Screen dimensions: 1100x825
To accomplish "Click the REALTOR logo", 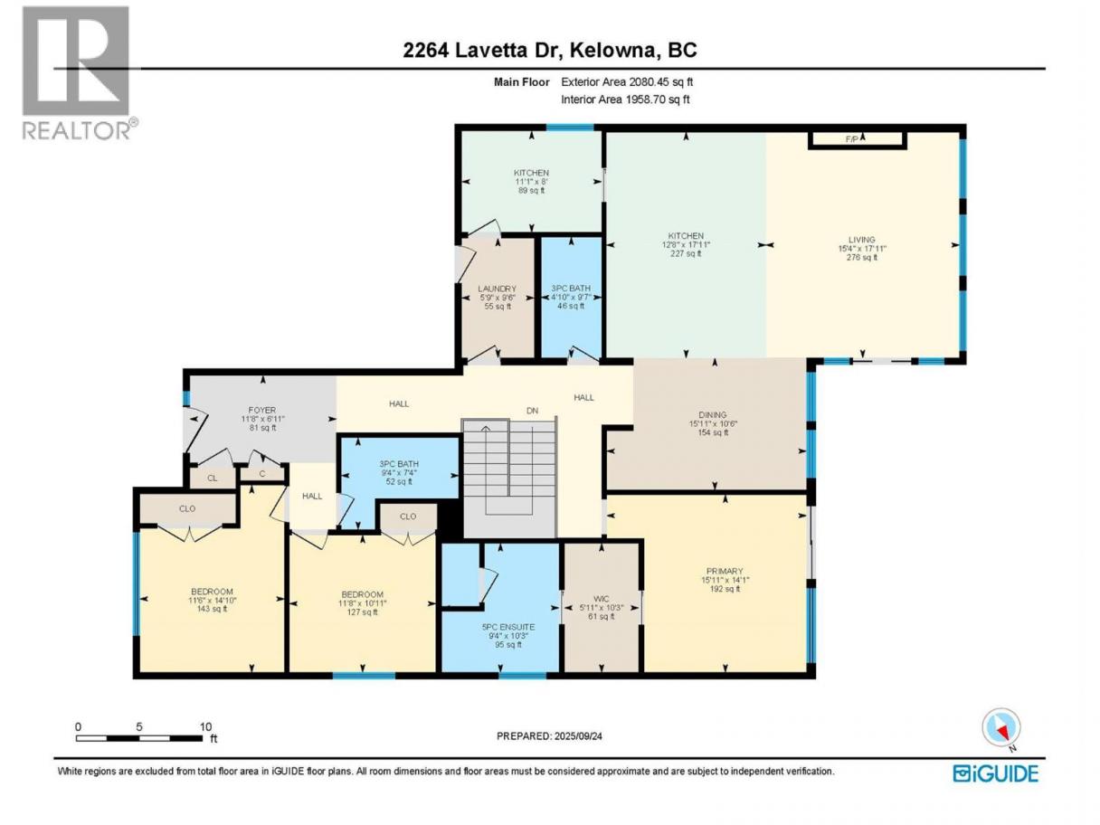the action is [x=81, y=73].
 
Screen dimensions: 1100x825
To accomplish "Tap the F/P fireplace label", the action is [x=851, y=139].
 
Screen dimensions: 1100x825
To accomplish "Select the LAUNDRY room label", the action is [x=497, y=289].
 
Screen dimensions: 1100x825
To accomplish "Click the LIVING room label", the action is [x=861, y=240].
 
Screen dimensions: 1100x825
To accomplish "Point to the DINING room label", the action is [x=713, y=414].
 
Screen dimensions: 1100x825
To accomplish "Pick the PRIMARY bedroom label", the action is [x=725, y=571].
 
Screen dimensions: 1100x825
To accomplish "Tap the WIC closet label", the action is [x=601, y=599].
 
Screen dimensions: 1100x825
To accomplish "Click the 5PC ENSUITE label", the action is [x=508, y=627].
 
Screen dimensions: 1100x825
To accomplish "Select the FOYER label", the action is [x=262, y=411].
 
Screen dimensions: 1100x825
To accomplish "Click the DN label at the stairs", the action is [x=532, y=411].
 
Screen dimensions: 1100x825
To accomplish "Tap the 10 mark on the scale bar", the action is [x=205, y=726].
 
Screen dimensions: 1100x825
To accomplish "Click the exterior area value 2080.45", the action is [x=650, y=82].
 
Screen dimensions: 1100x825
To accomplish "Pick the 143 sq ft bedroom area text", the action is [x=212, y=609].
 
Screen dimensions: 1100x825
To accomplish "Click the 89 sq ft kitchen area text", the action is [x=531, y=190].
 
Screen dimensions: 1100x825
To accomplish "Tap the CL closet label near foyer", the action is [x=212, y=479].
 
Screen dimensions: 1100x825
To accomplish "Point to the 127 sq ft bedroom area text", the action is [x=363, y=612].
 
